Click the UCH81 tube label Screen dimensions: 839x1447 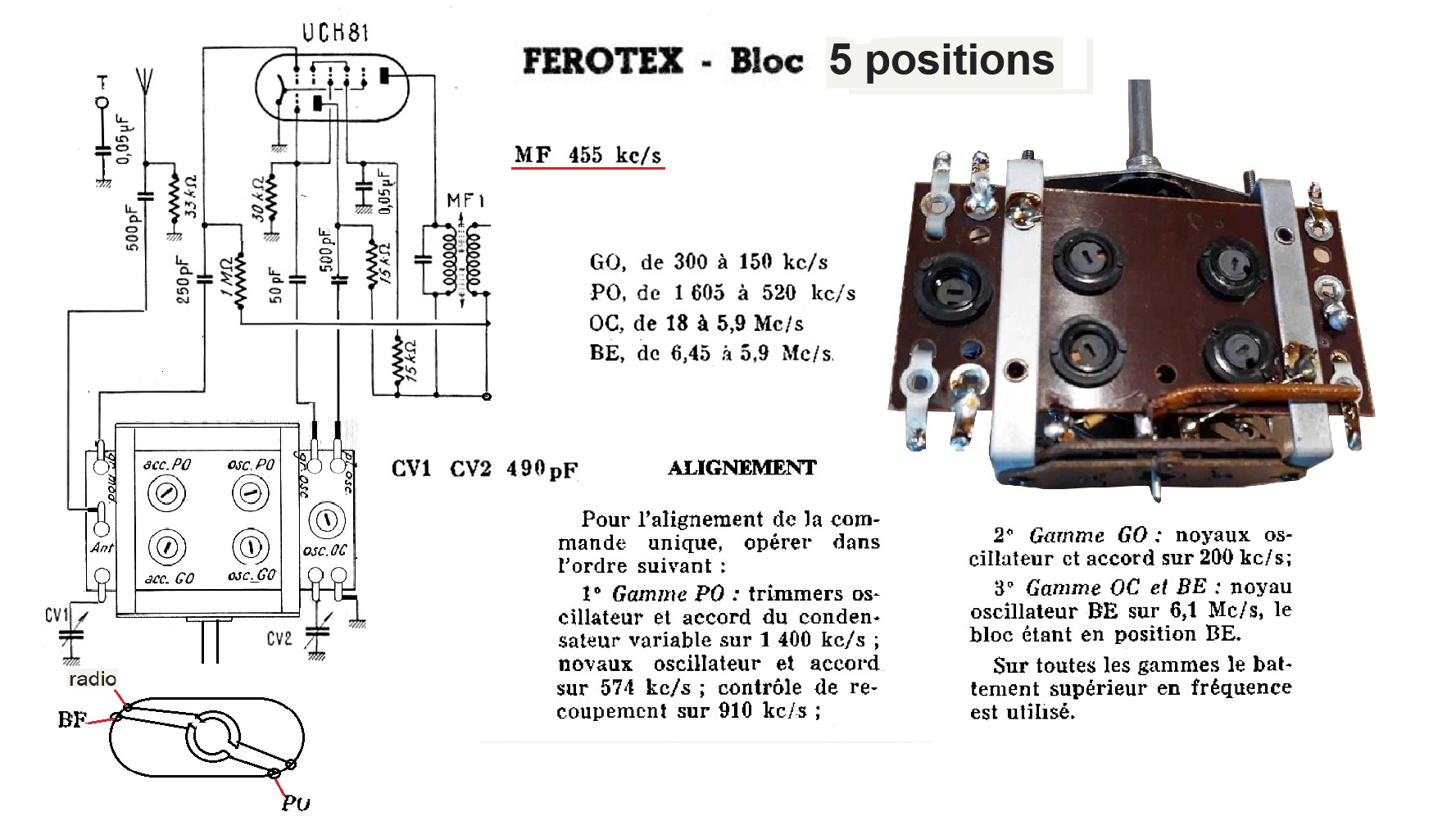coord(334,33)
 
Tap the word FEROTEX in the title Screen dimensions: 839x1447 coord(602,61)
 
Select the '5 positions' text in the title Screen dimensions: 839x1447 coord(941,60)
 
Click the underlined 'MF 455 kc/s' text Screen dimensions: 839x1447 coord(587,155)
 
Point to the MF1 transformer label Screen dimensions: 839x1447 coord(465,201)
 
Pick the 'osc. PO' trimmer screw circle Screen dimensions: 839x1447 coord(251,494)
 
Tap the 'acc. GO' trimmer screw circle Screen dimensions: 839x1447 coord(167,547)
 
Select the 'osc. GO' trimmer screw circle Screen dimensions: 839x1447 coord(251,547)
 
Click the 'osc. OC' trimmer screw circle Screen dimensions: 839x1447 coord(326,521)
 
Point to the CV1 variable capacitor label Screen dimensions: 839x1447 coord(57,614)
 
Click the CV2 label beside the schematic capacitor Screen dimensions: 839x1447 coord(279,637)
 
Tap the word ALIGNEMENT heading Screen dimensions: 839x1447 coord(742,468)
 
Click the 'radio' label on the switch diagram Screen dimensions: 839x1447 coord(93,679)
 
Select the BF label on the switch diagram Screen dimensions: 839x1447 coord(71,719)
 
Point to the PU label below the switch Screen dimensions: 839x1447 coord(296,803)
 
